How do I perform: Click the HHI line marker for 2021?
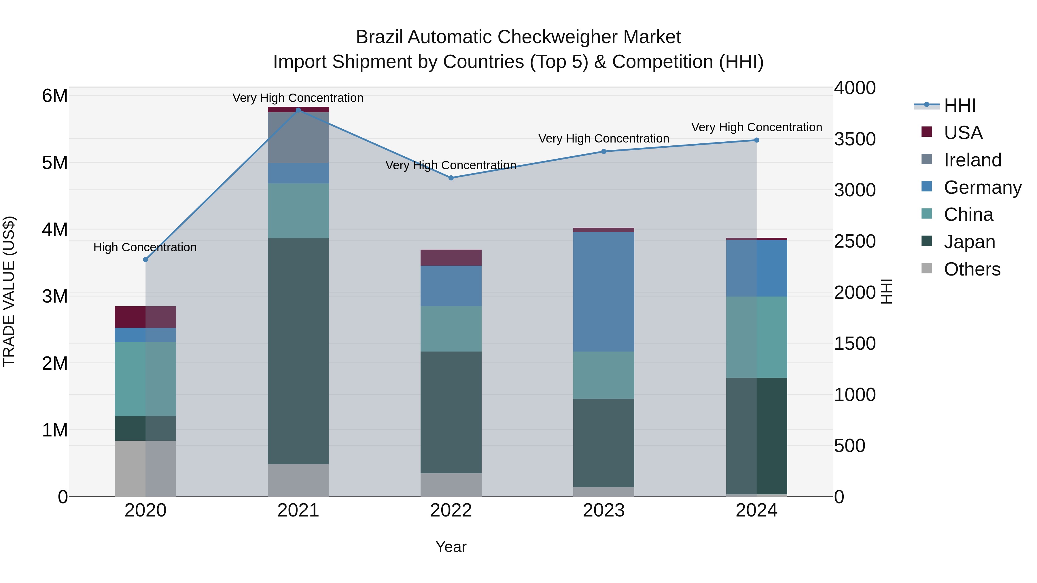298,110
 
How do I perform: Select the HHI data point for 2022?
451,178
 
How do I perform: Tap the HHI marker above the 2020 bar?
146,259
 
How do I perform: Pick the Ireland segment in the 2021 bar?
298,138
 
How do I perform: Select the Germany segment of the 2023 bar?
603,292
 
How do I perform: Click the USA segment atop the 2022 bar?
451,257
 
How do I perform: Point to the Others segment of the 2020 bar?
145,468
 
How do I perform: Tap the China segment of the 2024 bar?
756,337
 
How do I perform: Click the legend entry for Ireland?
972,160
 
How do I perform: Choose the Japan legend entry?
969,242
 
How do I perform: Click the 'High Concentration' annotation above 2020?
145,247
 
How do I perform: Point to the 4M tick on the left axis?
55,229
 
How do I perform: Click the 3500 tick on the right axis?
854,139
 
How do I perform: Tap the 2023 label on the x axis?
603,510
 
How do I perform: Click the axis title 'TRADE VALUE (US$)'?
9,291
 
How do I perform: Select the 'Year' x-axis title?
451,547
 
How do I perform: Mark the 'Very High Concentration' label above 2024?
756,127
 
